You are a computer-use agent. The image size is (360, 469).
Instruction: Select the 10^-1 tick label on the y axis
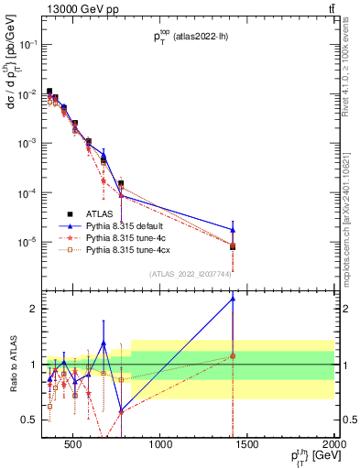tap(27, 44)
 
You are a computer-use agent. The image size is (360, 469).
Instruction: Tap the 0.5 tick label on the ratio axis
tap(29, 420)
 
